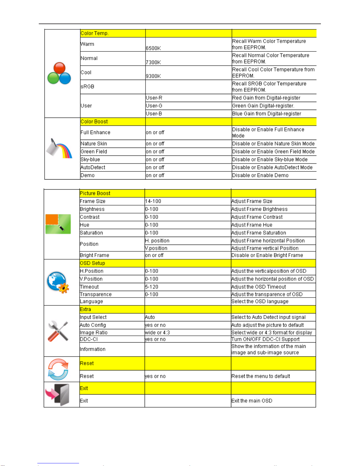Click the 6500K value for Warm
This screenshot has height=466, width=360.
[153, 48]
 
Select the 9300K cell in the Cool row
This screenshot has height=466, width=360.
[153, 76]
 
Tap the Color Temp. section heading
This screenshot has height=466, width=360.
[95, 33]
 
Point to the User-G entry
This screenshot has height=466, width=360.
[154, 106]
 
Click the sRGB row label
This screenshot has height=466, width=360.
[88, 87]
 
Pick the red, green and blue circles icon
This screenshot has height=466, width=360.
[59, 73]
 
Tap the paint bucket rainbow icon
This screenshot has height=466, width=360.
[59, 148]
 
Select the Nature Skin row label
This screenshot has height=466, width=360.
[94, 144]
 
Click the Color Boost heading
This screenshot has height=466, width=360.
[94, 122]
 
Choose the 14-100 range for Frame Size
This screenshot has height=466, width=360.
[153, 201]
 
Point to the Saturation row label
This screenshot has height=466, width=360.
[91, 233]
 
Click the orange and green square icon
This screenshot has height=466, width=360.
[58, 224]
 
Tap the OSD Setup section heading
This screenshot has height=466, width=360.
[92, 263]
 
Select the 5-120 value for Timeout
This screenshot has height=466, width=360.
[152, 287]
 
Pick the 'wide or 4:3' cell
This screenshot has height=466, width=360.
[158, 333]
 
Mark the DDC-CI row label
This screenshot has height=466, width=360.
[89, 339]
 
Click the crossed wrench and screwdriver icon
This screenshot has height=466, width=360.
[58, 331]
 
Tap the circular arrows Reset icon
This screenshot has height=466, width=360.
[58, 369]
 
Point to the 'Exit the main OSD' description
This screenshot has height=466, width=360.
[252, 401]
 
